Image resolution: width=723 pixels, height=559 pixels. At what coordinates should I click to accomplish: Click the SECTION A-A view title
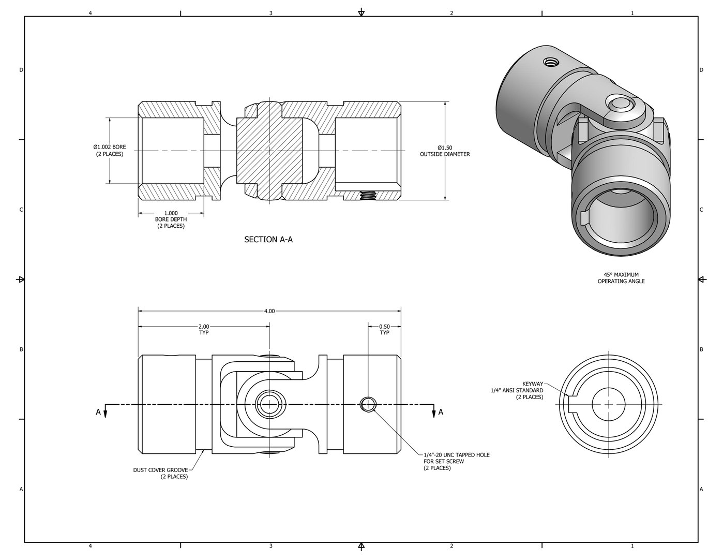click(268, 240)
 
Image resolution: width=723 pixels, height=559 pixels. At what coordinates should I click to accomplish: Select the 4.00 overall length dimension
click(269, 311)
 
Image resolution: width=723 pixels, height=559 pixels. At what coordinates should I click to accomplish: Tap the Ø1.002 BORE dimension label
click(109, 151)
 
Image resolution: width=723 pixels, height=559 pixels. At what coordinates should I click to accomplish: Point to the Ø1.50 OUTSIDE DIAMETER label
click(444, 151)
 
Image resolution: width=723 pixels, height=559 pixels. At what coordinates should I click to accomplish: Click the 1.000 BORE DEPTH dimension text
click(171, 219)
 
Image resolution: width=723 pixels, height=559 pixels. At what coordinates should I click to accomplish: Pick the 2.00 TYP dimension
click(204, 330)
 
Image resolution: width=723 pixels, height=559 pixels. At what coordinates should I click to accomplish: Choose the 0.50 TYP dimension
click(384, 330)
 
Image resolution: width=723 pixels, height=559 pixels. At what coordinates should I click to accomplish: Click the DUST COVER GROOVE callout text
click(160, 473)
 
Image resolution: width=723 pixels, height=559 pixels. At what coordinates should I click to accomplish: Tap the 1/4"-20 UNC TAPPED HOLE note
click(456, 461)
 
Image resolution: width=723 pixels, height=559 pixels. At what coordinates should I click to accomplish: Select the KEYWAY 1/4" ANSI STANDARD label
click(517, 390)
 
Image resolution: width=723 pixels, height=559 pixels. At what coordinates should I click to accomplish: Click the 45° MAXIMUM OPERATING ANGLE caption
click(621, 278)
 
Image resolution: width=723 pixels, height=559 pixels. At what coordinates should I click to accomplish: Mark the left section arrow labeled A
click(102, 412)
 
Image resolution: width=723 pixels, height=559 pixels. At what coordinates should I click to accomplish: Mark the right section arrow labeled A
click(437, 412)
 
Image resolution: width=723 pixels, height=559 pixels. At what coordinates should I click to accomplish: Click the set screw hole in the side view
click(368, 404)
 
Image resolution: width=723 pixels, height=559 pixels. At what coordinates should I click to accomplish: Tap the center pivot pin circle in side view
click(269, 404)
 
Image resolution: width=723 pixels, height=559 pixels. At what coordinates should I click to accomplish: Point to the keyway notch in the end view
click(572, 404)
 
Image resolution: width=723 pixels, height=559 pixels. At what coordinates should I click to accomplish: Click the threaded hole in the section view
click(367, 195)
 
